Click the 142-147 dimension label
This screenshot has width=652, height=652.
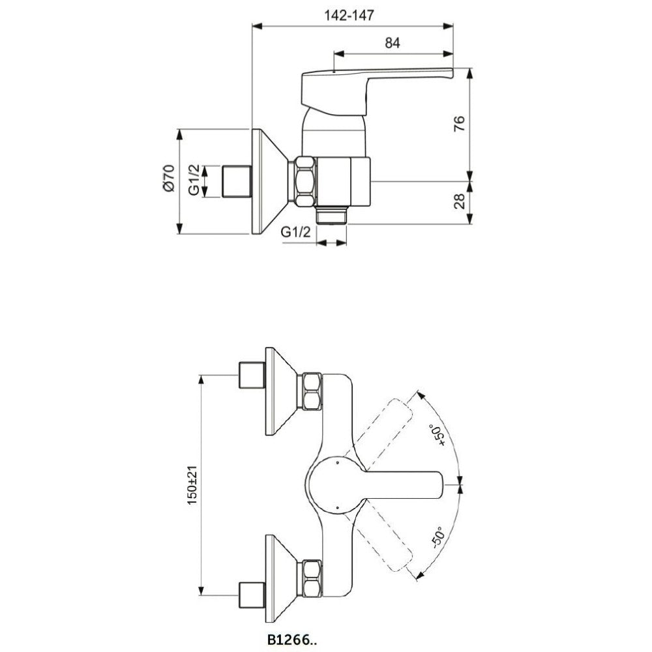(349, 16)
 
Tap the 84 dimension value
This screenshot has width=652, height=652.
(392, 43)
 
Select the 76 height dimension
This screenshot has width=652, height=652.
(459, 124)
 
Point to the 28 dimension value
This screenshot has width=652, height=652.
(459, 201)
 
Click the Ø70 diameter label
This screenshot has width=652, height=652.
(168, 178)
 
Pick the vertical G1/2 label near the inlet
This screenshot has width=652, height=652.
(194, 180)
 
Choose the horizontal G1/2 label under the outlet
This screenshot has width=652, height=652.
(296, 231)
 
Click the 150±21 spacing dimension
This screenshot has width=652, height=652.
(192, 485)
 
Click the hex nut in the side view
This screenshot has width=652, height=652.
(306, 181)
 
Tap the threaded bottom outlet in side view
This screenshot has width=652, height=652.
(331, 215)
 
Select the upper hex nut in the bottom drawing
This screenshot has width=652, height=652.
(312, 391)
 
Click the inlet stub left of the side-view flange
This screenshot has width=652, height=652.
(237, 181)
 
